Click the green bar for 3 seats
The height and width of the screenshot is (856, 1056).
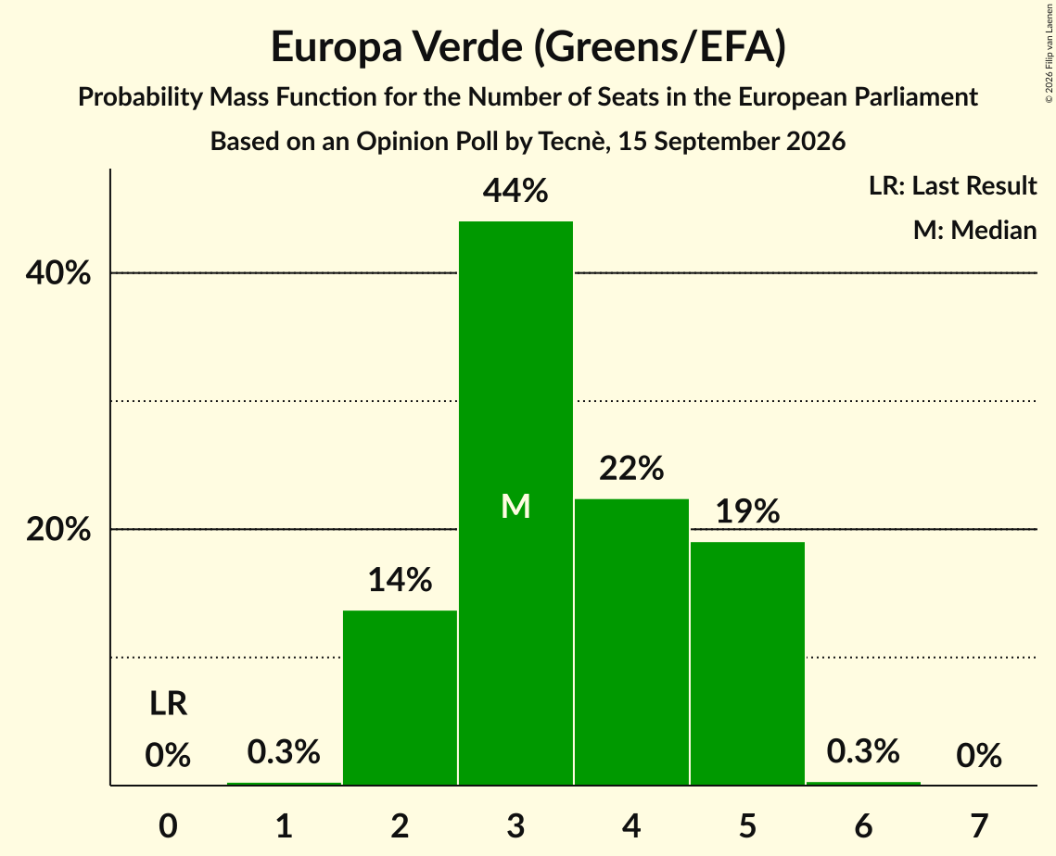click(x=515, y=503)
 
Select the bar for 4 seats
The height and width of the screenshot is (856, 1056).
click(x=631, y=642)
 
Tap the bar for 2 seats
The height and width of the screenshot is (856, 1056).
click(x=400, y=698)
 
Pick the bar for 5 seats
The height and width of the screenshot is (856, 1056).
click(x=747, y=663)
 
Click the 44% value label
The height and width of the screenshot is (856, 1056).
click(x=515, y=191)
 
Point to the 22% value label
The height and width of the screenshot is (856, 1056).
click(x=631, y=469)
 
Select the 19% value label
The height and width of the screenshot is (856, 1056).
click(x=747, y=511)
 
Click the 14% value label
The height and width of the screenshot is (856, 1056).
click(x=400, y=580)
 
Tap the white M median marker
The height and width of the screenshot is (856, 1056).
click(x=515, y=506)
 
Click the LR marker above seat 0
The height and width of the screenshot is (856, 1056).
click(x=169, y=704)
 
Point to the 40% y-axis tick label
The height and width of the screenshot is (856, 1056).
click(x=57, y=273)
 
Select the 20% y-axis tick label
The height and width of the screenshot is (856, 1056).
click(x=57, y=530)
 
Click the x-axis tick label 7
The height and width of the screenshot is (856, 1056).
click(x=979, y=825)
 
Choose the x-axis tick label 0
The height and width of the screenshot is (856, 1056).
click(x=169, y=825)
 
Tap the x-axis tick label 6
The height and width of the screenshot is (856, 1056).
click(x=863, y=825)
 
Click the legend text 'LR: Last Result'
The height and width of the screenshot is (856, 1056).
click(x=952, y=185)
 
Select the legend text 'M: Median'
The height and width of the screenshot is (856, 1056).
click(x=974, y=230)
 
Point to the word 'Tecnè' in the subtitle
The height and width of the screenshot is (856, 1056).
click(x=572, y=142)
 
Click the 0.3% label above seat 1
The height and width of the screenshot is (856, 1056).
click(x=284, y=751)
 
